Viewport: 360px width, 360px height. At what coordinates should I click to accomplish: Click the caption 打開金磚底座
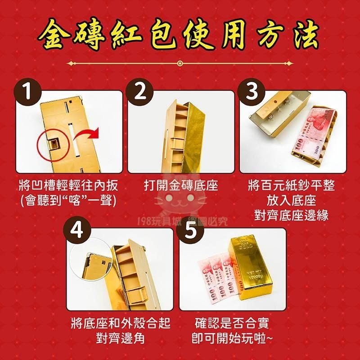[x=181, y=186]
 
